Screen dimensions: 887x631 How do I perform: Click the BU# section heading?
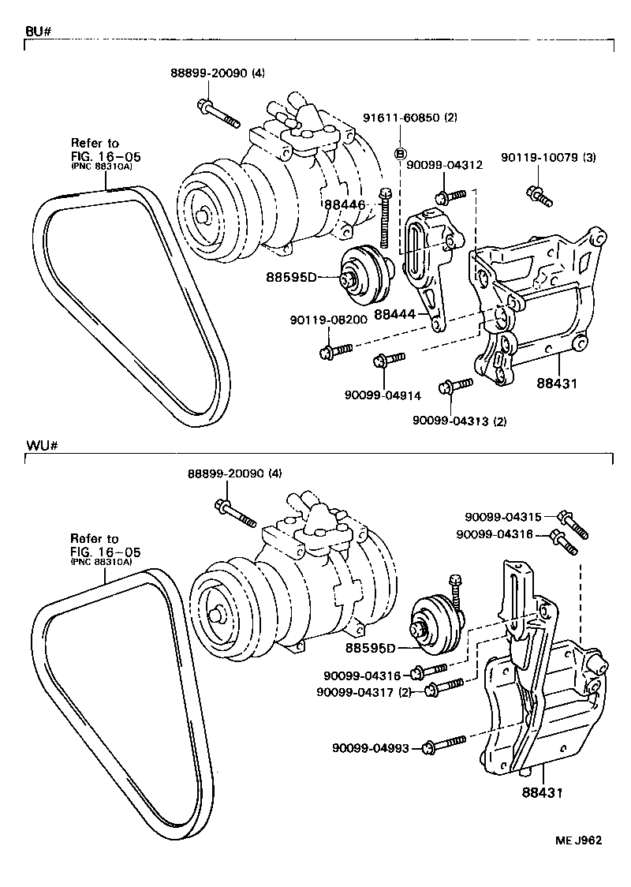click(38, 32)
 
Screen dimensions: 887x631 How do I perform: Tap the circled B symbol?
click(400, 153)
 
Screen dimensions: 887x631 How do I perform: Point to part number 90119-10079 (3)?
click(549, 159)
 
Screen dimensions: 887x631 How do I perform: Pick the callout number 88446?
click(345, 204)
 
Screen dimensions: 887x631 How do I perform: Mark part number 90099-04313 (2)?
click(459, 421)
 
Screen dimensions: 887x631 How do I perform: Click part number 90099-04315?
click(503, 517)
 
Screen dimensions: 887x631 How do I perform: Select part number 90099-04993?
click(370, 747)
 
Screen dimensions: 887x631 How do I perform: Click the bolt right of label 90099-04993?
click(444, 744)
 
